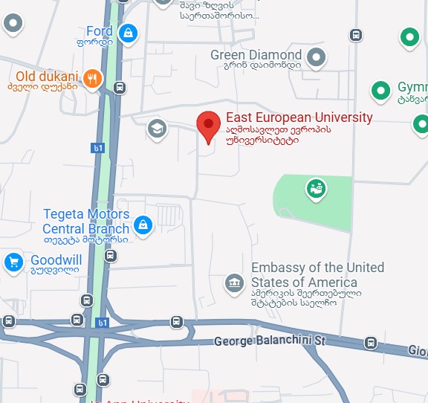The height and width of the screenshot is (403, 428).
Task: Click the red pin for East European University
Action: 209,124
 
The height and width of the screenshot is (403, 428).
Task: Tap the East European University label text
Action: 299,118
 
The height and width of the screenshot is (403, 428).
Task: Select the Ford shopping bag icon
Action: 129,33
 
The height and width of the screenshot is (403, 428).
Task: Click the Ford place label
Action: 99,31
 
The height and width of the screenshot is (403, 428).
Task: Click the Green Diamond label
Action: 256,55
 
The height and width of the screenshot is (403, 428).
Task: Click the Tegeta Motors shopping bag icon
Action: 143,222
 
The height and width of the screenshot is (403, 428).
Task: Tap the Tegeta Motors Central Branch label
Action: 86,222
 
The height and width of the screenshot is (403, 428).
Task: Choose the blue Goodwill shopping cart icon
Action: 13,262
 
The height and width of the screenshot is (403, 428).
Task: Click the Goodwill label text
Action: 56,261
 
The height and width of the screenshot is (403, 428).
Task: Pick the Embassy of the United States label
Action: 317,275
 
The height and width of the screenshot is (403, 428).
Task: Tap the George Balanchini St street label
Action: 270,341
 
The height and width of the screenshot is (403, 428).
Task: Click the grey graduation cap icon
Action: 157,129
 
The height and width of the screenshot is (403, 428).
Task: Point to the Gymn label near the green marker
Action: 412,87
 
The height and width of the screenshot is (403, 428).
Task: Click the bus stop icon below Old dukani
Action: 119,88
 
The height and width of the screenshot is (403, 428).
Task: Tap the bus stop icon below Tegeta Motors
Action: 111,256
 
